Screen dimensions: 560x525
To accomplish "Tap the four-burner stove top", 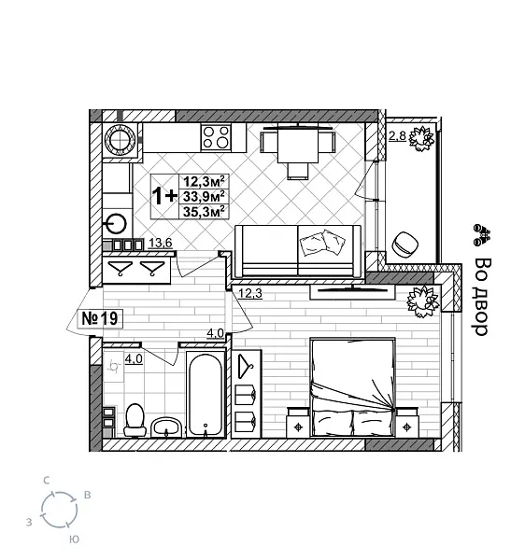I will click(x=217, y=138).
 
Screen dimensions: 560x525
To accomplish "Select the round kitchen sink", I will click(x=116, y=224).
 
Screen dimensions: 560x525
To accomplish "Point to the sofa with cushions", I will click(x=298, y=249).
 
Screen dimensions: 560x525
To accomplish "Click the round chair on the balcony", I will click(x=405, y=243).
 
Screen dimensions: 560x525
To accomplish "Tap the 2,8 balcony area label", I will click(x=397, y=136).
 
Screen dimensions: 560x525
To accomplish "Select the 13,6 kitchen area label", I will click(x=161, y=244).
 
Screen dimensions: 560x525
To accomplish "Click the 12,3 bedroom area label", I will click(x=249, y=293).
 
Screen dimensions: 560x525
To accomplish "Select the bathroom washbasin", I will click(x=168, y=427).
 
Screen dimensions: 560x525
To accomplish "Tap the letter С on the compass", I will click(x=46, y=479).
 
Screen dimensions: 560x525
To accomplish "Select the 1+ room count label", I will click(x=164, y=195).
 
